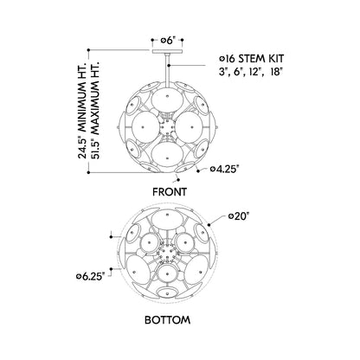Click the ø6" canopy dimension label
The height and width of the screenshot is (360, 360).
point(168,41)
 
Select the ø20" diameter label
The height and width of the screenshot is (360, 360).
point(238,216)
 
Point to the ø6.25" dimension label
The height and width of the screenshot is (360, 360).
point(90,276)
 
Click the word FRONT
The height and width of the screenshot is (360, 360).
point(170,192)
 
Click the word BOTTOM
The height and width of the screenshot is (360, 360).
point(168,320)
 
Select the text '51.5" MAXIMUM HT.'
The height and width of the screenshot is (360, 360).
point(95,110)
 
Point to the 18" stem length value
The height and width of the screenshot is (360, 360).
point(276,72)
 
